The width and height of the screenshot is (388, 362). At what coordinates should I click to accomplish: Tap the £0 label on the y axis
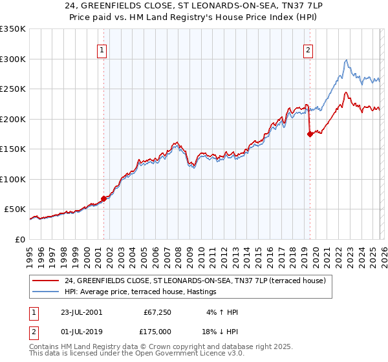pos(20,239)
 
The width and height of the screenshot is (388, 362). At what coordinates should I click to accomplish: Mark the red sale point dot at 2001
pos(104,198)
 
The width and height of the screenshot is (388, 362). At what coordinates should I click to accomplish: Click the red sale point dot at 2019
pos(310,134)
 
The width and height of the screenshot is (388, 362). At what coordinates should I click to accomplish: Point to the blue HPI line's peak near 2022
pos(347,60)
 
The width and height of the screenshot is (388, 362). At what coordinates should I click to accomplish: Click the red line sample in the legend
pos(47,281)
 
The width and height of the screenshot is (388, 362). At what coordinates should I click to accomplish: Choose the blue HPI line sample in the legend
pos(47,292)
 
